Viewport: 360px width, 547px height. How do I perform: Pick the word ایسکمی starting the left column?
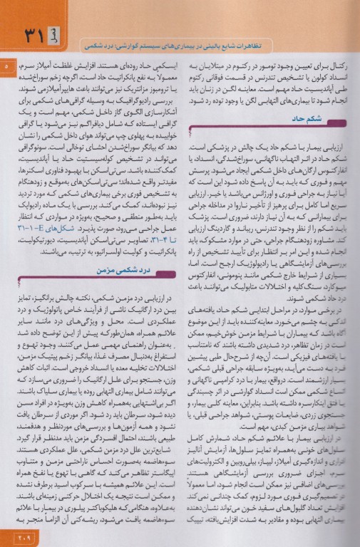161,66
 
